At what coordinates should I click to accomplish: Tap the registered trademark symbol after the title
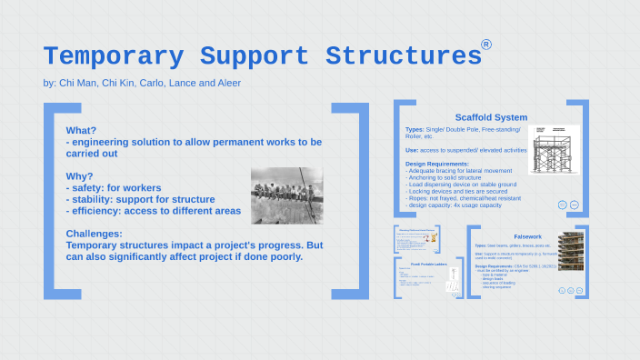pos(486,45)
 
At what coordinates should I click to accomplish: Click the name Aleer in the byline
pos(227,84)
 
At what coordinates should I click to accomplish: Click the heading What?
pos(82,129)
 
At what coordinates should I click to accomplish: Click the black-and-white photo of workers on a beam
pos(286,195)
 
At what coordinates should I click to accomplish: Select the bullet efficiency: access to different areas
pos(154,211)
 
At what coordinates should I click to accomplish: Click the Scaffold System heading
pos(491,117)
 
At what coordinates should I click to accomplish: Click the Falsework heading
pos(527,235)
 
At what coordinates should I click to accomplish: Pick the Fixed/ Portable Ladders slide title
pos(421,265)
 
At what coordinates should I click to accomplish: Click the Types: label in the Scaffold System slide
pos(415,129)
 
